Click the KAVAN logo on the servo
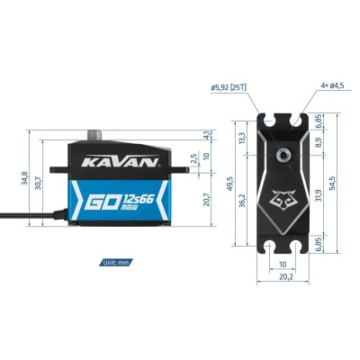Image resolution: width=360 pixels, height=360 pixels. [121, 161]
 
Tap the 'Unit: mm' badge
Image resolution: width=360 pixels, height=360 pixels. [116, 263]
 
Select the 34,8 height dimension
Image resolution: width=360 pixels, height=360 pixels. [24, 178]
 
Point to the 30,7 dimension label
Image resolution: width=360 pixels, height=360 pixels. [38, 183]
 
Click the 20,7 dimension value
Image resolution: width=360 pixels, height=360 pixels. [206, 199]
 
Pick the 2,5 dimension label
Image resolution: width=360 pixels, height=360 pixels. [194, 158]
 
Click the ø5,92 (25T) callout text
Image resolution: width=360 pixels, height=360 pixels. [229, 87]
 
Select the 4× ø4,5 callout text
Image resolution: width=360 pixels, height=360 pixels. [332, 85]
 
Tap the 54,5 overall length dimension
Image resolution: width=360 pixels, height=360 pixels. [332, 183]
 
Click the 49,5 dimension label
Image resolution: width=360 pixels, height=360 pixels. [229, 184]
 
